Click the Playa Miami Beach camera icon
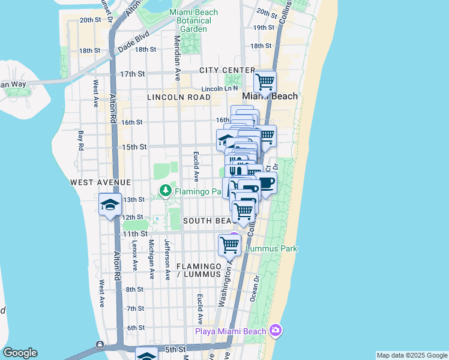click(x=276, y=331)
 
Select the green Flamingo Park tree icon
click(x=166, y=191)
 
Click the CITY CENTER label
click(x=228, y=70)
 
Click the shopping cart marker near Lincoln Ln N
click(x=265, y=81)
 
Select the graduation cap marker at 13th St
click(x=110, y=205)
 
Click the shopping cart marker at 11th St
click(x=230, y=244)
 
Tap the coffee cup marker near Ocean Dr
click(x=266, y=184)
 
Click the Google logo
click(x=20, y=353)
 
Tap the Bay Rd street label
click(x=80, y=140)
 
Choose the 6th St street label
click(x=136, y=327)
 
